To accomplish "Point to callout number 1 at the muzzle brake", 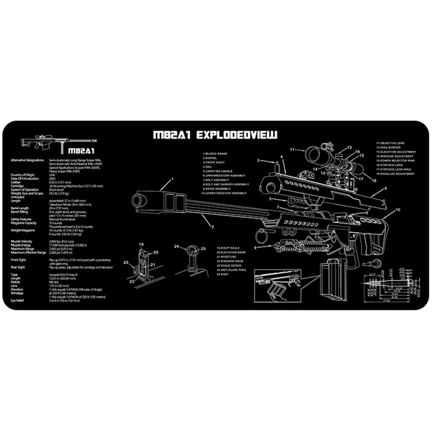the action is tap(173, 179).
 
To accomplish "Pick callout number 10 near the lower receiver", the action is tap(398, 208).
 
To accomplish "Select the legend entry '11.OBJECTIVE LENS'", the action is tap(394, 143).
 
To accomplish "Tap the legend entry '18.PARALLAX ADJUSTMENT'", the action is tap(397, 174).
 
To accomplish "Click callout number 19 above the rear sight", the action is tap(141, 246).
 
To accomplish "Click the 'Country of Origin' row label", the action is tap(22, 175).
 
